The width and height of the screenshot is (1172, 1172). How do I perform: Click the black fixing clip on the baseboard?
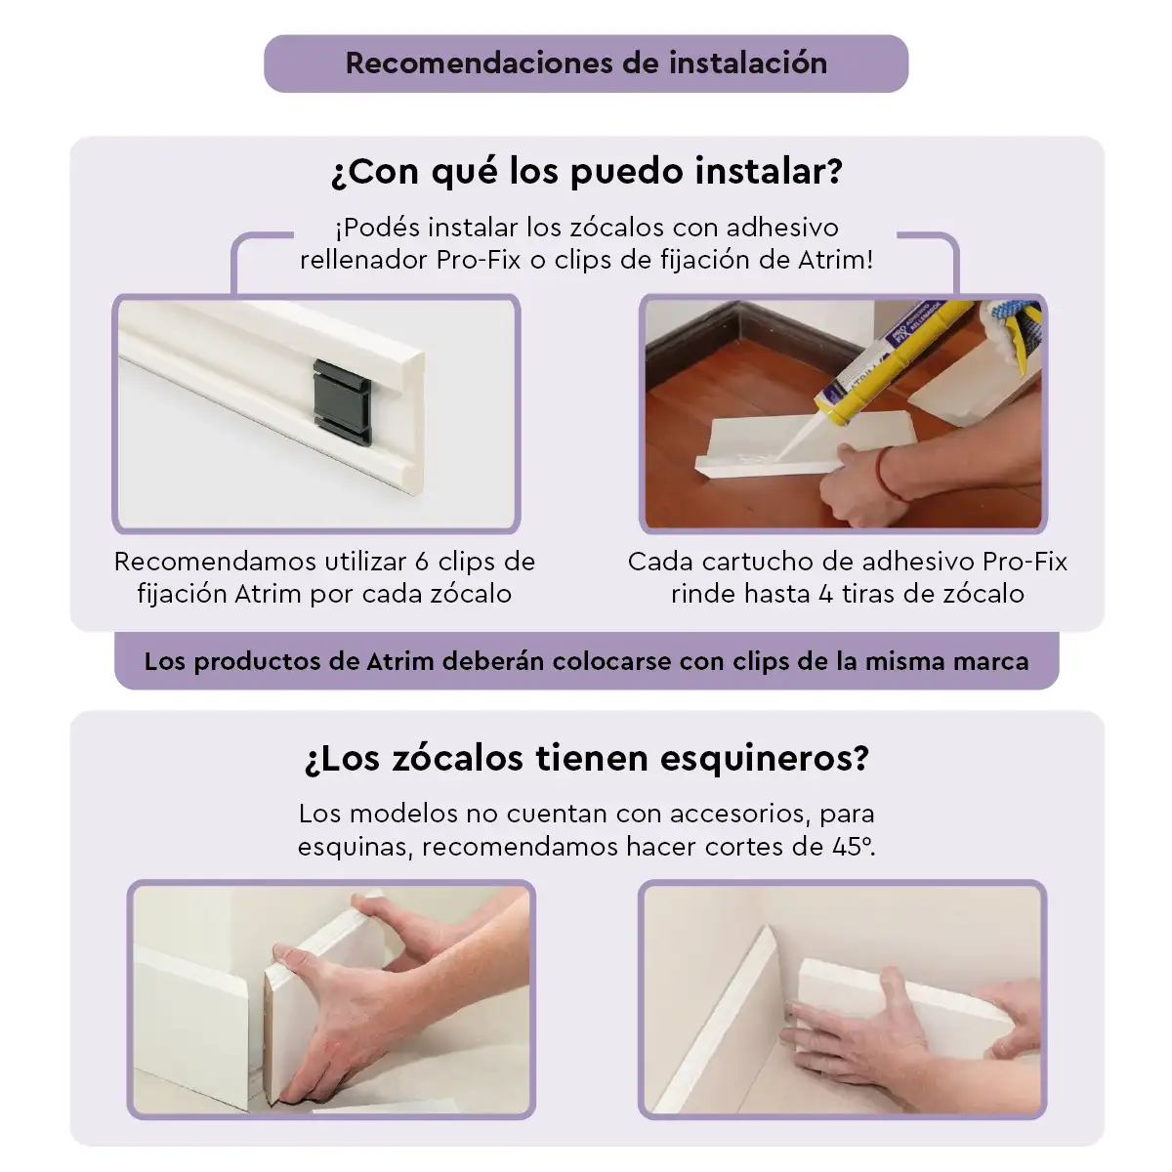(342, 401)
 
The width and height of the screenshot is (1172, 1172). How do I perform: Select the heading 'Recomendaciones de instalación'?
(586, 63)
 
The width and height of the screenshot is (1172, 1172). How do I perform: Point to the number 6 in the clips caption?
(422, 562)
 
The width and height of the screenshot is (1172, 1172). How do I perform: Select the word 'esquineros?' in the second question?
(765, 759)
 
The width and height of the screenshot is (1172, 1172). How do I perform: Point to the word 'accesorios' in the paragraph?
(740, 814)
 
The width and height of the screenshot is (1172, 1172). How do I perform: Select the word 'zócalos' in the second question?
(457, 759)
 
